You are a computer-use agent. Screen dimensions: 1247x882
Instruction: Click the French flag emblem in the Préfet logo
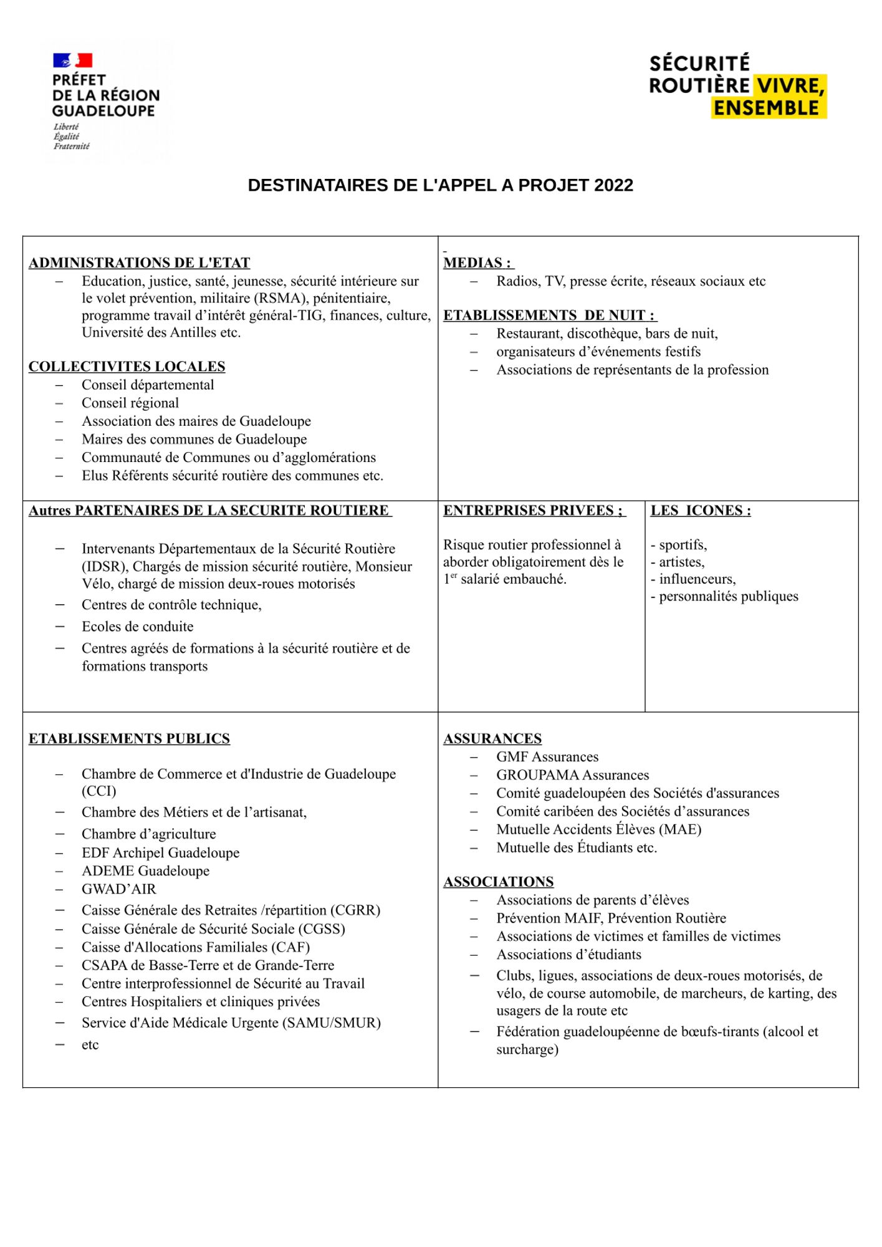tap(72, 60)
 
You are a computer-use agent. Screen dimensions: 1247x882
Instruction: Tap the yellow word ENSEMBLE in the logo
tap(766, 108)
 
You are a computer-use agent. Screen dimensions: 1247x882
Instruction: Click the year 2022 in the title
tap(613, 185)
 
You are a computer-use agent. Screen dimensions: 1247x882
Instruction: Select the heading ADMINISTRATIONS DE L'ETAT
tap(139, 262)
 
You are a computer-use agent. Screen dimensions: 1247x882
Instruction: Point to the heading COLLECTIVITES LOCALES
tap(127, 366)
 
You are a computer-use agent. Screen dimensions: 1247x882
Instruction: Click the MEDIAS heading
tap(477, 262)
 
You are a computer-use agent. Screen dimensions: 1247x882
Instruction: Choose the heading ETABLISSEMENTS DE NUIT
tap(549, 315)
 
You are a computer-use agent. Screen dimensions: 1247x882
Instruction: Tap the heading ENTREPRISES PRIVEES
tap(533, 510)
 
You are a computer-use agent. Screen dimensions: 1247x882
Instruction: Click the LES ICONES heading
tap(701, 510)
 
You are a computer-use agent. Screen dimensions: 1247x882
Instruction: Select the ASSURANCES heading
tap(492, 738)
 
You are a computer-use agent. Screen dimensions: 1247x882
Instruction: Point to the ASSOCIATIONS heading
tap(499, 881)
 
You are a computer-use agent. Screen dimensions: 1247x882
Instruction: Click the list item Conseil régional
tap(130, 403)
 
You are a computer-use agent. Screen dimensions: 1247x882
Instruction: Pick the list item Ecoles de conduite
tap(137, 626)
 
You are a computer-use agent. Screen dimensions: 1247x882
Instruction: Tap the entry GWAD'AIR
tap(118, 888)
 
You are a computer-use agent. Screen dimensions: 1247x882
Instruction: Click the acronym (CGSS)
tap(322, 928)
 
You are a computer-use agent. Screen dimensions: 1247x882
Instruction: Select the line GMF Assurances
tap(547, 756)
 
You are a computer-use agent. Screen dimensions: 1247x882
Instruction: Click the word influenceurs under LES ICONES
tap(697, 579)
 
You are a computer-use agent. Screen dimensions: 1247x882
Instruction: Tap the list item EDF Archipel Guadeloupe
tap(160, 852)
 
